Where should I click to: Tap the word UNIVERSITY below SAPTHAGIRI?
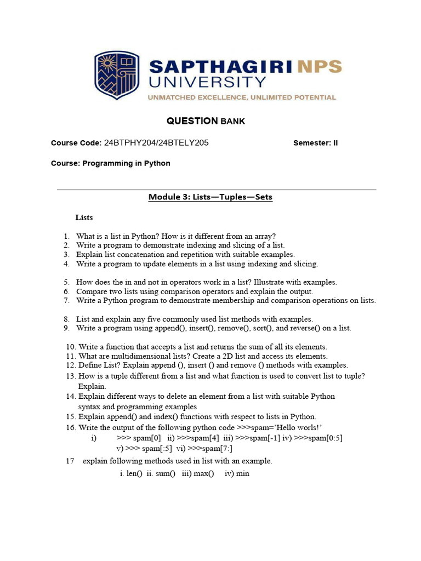point(208,83)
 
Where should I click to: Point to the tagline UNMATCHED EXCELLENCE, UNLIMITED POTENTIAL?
point(241,98)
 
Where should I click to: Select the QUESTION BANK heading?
point(206,121)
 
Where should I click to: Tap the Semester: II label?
point(316,143)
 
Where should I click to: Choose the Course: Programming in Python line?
point(111,163)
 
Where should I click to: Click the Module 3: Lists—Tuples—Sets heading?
point(210,197)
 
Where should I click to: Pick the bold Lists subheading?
point(84,217)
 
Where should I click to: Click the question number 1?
point(66,236)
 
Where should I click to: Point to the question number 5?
point(66,282)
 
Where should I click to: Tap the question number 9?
point(66,328)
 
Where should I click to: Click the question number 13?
point(70,376)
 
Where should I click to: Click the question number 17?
point(70,461)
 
